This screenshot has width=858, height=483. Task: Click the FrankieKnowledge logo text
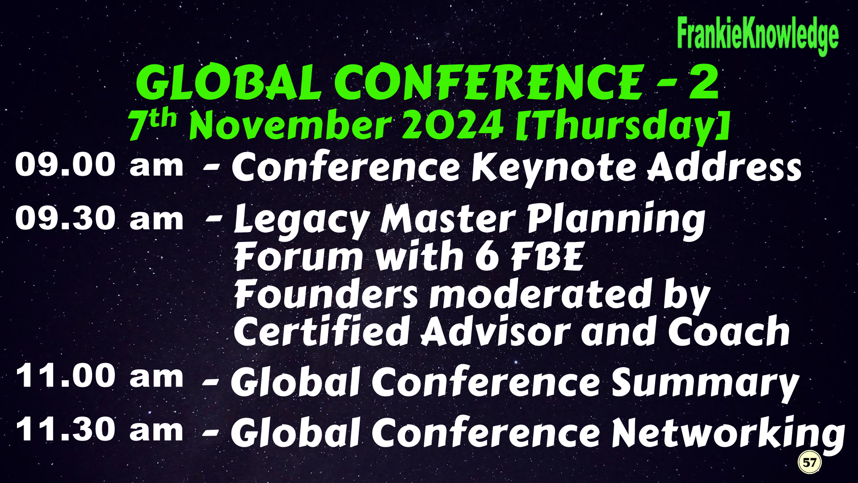coord(757,35)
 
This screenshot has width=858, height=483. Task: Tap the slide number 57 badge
coord(809,462)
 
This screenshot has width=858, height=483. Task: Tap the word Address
coord(725,167)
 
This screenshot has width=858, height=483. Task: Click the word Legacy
coord(302,221)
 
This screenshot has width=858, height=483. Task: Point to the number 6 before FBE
coord(487,256)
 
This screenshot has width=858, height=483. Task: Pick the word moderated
coord(541,294)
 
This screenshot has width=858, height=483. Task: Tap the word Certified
coord(322,331)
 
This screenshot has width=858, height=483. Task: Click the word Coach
coord(729,331)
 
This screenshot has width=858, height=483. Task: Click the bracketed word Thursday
coord(622,126)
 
